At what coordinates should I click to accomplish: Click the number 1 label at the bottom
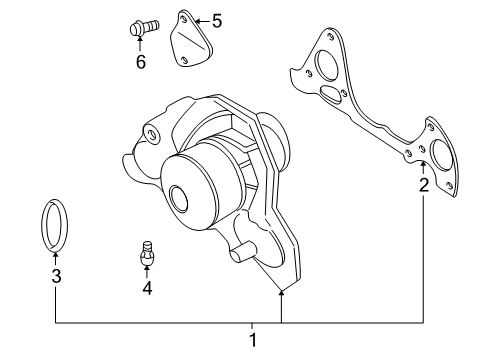253,340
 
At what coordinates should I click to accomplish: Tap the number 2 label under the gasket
424,184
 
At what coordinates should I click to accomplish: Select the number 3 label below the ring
56,276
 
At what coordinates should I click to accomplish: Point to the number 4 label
146,289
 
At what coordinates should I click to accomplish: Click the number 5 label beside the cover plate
217,19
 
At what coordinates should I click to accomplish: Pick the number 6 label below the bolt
140,62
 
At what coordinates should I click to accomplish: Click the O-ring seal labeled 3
56,222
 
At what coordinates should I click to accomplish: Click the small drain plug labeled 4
146,255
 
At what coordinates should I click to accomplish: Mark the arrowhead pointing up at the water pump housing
282,293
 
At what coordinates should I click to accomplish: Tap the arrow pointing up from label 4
146,272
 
